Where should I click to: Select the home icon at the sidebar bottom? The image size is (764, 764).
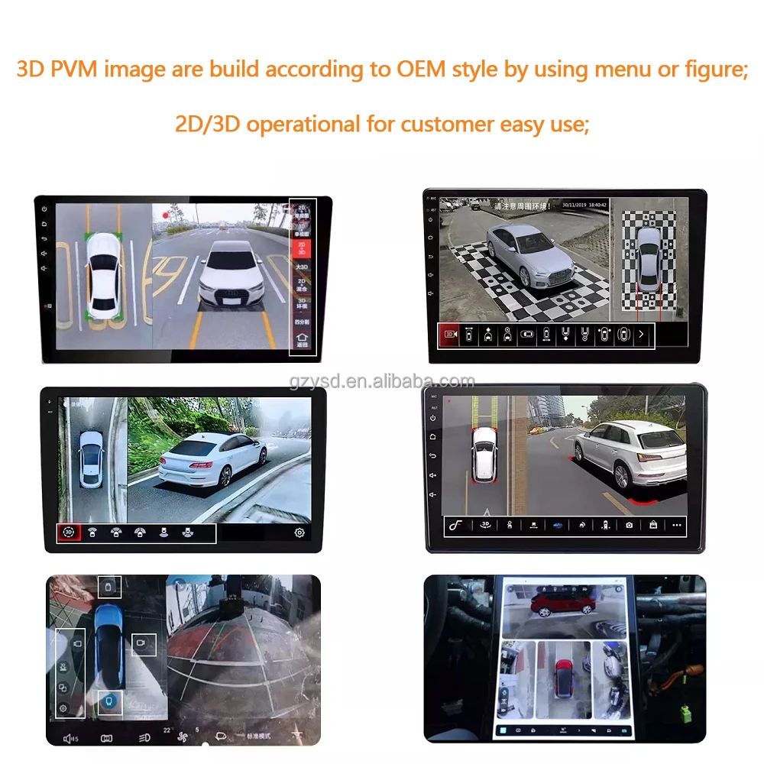pyautogui.click(x=303, y=338)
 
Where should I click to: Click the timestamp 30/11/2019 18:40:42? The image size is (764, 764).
pyautogui.click(x=584, y=205)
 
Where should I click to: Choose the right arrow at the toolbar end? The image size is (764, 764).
pyautogui.click(x=642, y=335)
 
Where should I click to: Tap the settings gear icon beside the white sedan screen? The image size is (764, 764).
pyautogui.click(x=299, y=532)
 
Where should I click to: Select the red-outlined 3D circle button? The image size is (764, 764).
pyautogui.click(x=69, y=532)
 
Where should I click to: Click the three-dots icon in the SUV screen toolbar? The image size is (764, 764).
pyautogui.click(x=676, y=525)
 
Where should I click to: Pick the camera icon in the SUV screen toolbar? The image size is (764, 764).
pyautogui.click(x=629, y=525)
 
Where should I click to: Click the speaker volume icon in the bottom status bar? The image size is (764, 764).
pyautogui.click(x=71, y=739)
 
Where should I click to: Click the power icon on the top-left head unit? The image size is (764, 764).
pyautogui.click(x=44, y=209)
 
